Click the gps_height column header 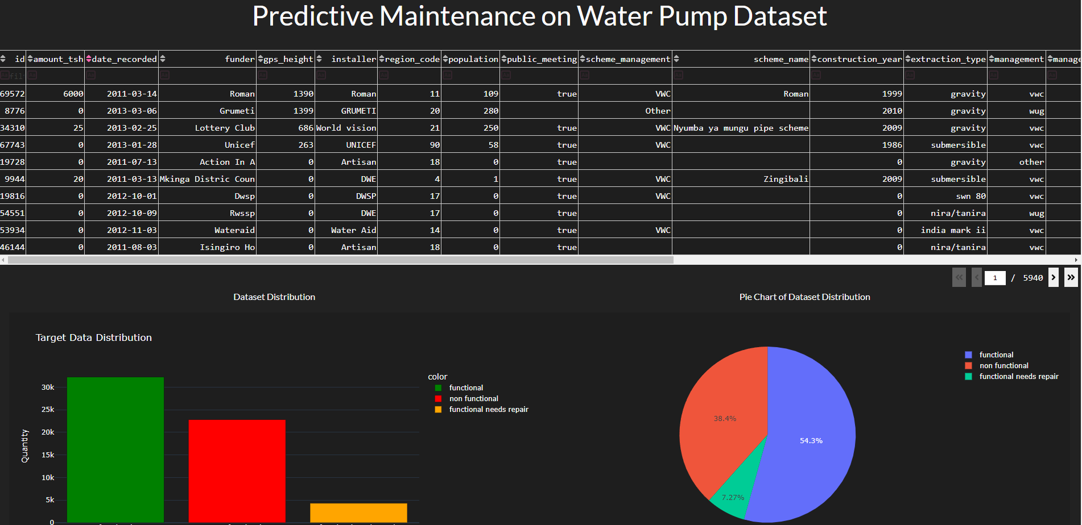coord(288,59)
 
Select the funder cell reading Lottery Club coord(225,128)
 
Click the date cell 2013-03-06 coord(132,111)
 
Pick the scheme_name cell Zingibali coord(786,179)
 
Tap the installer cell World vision coord(346,128)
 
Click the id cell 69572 coord(13,94)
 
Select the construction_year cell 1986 coord(892,145)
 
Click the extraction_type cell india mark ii coord(953,230)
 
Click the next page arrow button coord(1054,277)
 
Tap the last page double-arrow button coord(1071,277)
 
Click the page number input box coord(995,278)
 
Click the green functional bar coord(115,449)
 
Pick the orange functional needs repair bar coord(358,512)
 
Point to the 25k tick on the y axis coord(48,410)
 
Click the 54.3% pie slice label coord(811,441)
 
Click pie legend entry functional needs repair coord(1018,377)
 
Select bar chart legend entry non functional coord(473,399)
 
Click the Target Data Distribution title coord(94,338)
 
